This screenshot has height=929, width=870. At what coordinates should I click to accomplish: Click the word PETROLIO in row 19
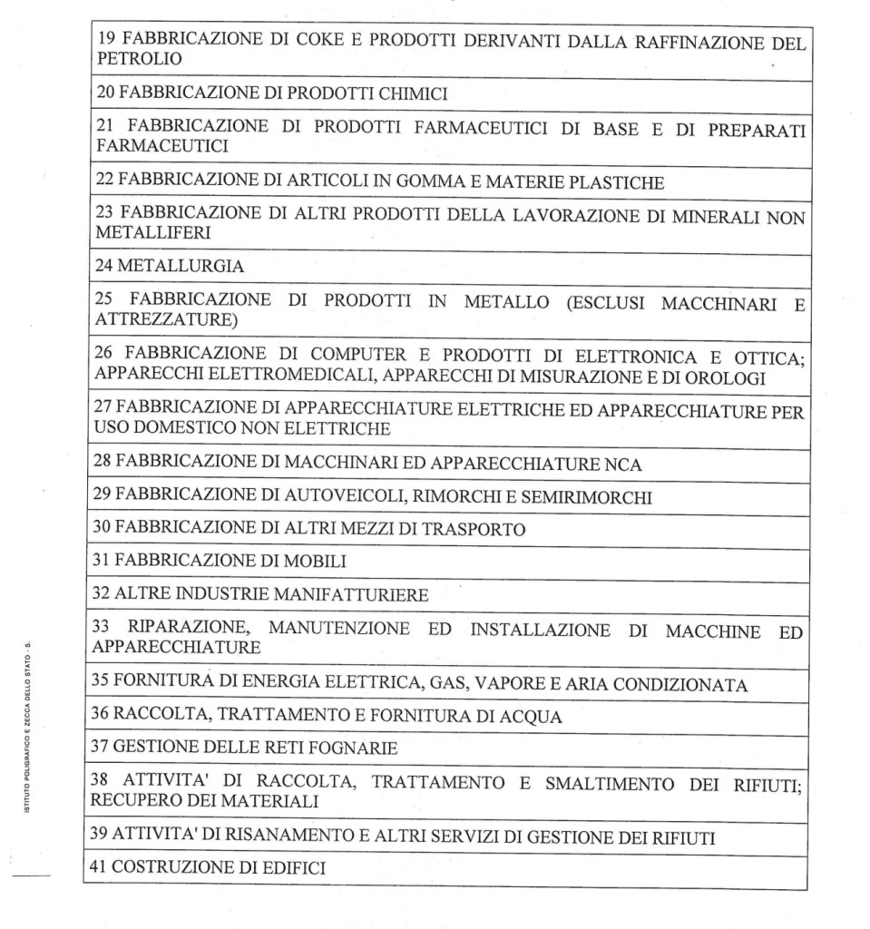coord(127,59)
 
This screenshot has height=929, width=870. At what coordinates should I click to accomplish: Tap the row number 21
coord(103,128)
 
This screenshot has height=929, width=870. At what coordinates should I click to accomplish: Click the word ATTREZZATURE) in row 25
coord(152,320)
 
